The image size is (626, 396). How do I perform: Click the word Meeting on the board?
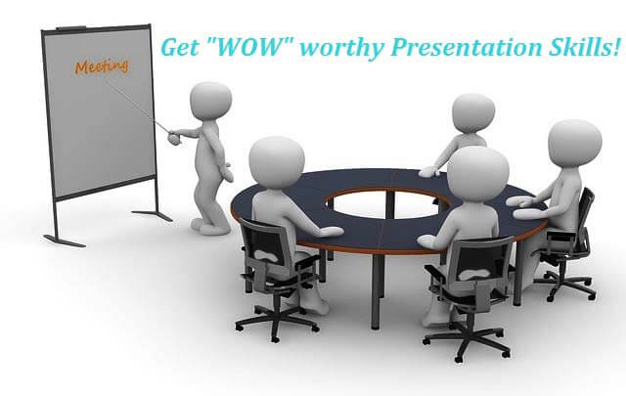(102, 66)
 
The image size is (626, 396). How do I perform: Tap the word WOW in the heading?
(250, 47)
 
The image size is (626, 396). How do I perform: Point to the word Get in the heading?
(180, 47)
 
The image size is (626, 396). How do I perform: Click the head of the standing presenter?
(210, 100)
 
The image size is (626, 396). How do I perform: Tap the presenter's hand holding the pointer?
(174, 137)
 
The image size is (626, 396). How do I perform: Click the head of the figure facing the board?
(473, 113)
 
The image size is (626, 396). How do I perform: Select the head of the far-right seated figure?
(575, 142)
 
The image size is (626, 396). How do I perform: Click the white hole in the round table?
(385, 204)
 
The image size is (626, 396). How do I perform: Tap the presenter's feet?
(210, 225)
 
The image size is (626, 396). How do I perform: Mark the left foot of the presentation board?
(64, 241)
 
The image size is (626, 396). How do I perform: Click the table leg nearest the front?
(377, 290)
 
